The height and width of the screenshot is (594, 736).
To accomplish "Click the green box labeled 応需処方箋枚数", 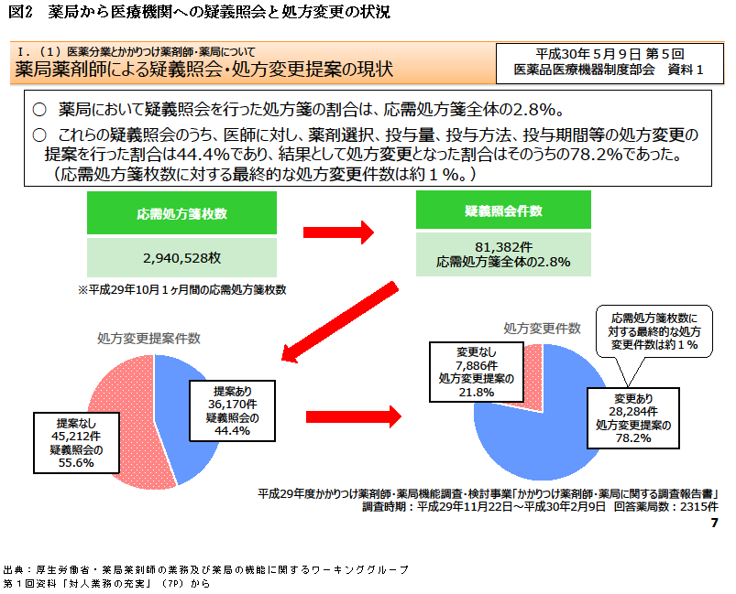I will coord(182,213).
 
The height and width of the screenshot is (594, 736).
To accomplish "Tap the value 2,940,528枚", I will coord(182,258).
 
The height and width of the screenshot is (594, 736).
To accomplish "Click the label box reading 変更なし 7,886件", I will coord(476,372).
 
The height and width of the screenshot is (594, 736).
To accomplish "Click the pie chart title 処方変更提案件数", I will coord(149,338).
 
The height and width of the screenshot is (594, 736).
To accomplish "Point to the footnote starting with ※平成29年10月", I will coord(182,290).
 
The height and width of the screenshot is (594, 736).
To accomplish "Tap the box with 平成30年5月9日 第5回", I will coord(608,61).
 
